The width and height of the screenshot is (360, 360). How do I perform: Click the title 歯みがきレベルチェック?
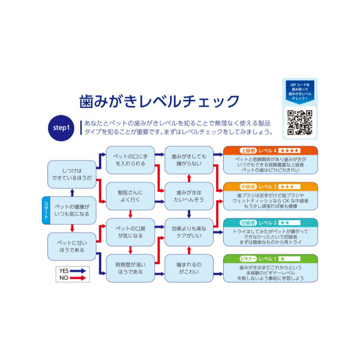pos(159,101)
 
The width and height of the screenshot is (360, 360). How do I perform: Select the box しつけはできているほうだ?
pos(72,174)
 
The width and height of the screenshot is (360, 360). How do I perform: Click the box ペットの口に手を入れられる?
pos(130,160)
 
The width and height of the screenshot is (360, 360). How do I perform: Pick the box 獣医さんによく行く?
pos(130,196)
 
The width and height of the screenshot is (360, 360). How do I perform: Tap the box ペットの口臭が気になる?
pos(130,232)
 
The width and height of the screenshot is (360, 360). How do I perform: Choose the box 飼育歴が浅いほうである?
pos(130,268)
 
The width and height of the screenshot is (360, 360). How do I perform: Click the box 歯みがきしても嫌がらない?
pos(189,160)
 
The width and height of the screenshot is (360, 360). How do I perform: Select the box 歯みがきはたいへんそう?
pos(189,196)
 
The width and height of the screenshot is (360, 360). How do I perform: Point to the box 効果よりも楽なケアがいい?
pos(189,232)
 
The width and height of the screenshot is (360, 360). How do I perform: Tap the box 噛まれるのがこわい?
pos(189,268)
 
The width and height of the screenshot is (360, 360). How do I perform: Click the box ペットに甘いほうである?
pos(72,246)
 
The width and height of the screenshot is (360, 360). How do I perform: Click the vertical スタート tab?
pos(46,210)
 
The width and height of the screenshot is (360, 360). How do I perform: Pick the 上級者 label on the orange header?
pos(248,150)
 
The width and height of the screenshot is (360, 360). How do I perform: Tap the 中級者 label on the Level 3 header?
pos(248,186)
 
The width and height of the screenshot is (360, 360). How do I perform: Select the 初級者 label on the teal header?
pos(248,222)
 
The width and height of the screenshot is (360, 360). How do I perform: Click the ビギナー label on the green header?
pos(248,258)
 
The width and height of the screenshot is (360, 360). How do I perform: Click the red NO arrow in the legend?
pos(78,278)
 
